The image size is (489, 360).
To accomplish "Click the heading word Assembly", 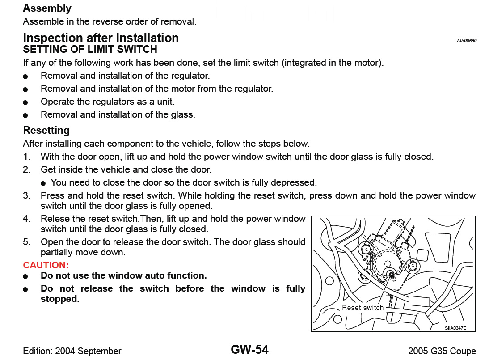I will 47,8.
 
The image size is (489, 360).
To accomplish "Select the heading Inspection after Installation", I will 101,38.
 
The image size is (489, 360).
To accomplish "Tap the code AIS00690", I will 466,40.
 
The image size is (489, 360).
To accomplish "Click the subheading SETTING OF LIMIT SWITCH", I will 90,49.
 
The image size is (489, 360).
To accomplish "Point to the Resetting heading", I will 46,130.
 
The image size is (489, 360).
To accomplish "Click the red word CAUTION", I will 45,265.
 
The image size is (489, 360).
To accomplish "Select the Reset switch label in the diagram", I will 363,308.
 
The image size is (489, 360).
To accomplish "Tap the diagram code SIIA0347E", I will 455,328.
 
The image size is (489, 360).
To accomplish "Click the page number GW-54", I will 249,349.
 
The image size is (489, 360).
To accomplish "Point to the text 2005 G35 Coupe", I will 442,351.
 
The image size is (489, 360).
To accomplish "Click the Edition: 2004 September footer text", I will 72,351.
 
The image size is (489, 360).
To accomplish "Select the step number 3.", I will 27,195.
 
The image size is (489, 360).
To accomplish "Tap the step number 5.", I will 27,242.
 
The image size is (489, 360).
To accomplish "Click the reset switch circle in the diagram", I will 390,275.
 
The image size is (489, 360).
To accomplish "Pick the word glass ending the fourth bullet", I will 184,114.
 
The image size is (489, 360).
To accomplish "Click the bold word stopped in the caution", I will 59,299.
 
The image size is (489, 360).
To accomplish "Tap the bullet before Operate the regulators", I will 26,102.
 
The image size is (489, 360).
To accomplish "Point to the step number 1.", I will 27,157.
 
